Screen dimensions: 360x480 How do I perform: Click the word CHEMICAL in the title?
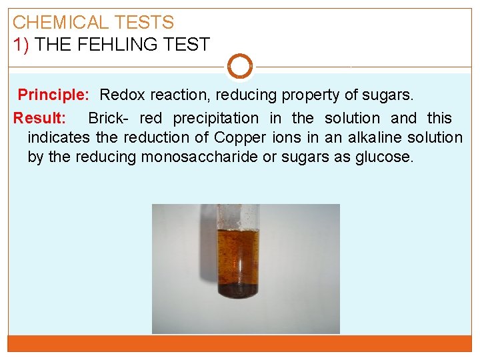tap(61, 23)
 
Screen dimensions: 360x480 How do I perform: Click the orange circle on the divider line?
tap(240, 67)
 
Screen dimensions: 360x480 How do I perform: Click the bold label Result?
tap(40, 119)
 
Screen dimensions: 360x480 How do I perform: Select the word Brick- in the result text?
tap(110, 119)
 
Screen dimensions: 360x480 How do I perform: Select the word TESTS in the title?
tap(143, 23)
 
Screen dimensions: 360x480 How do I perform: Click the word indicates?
tap(59, 138)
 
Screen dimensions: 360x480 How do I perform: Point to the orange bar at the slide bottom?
tap(240, 343)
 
